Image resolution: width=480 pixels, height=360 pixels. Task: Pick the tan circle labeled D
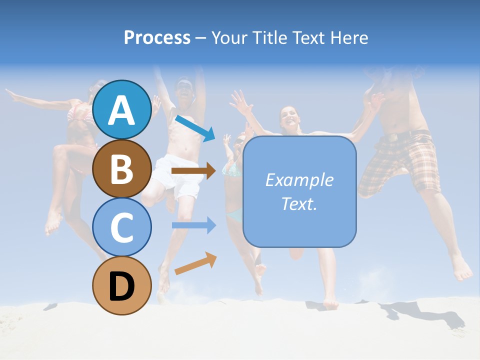tap(121, 285)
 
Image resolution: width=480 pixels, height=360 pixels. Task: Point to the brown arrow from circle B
tap(193, 171)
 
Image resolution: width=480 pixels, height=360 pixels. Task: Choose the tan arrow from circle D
tap(195, 263)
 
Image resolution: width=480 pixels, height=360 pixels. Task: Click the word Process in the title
tap(157, 37)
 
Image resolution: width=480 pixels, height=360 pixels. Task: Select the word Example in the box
tap(299, 180)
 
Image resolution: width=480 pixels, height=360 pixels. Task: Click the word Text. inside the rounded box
tap(299, 203)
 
